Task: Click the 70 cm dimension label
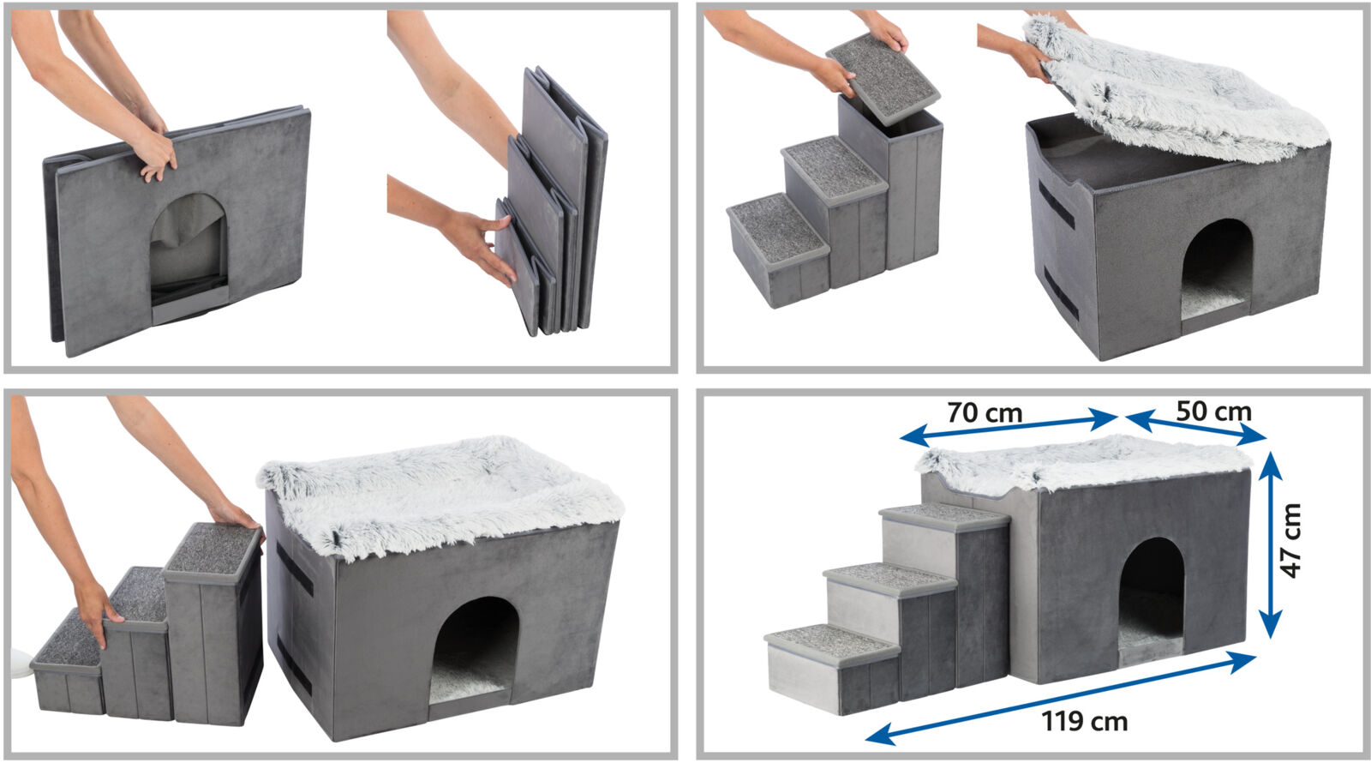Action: (x=985, y=413)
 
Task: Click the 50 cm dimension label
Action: (x=1213, y=412)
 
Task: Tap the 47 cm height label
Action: (x=1291, y=541)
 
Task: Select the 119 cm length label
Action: (x=1085, y=721)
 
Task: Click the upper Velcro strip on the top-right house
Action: (x=1057, y=205)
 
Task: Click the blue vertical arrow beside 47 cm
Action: (x=1272, y=545)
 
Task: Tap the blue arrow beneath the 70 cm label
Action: (x=1009, y=428)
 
